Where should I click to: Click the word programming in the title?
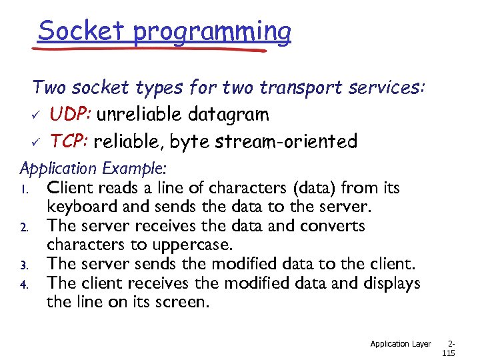(x=212, y=32)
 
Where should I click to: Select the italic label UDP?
(x=71, y=115)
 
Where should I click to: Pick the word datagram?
(x=227, y=115)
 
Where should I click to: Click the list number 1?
(x=23, y=189)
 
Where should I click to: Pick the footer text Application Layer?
(x=400, y=344)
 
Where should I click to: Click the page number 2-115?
(x=449, y=349)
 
